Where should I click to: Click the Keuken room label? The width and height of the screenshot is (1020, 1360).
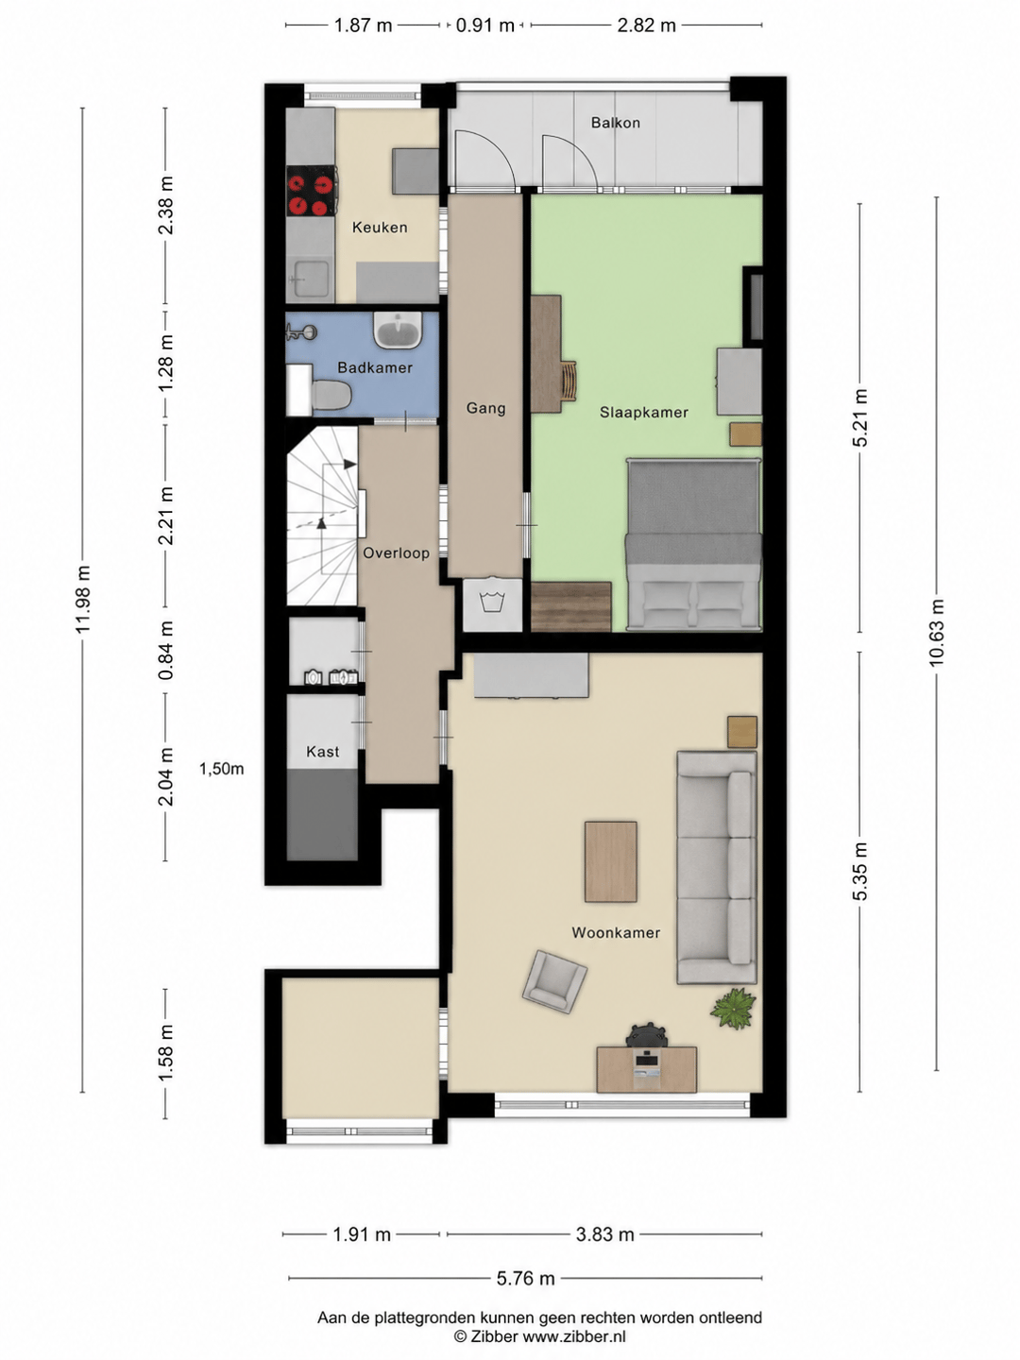(379, 228)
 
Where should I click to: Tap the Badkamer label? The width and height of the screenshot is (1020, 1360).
(375, 367)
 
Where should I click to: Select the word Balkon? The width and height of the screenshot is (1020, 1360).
(615, 123)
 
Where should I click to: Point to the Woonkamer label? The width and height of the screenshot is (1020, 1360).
(616, 932)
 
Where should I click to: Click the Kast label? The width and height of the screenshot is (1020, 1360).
(323, 752)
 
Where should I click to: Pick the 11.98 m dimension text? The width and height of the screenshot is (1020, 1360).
(83, 599)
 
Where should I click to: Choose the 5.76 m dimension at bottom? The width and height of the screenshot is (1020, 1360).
(525, 1278)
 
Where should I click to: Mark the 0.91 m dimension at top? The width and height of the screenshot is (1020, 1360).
(484, 25)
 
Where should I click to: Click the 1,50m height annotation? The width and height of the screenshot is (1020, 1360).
(221, 769)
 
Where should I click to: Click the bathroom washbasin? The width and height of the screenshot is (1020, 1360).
(397, 330)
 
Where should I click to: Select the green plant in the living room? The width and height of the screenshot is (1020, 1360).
(733, 1008)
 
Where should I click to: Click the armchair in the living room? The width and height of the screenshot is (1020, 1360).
(554, 982)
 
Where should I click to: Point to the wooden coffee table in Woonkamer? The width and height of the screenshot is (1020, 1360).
(611, 862)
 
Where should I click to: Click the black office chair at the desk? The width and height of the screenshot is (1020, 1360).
(647, 1035)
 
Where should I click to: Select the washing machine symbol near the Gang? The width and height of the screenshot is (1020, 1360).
(493, 603)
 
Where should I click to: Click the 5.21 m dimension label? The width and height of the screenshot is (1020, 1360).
(859, 417)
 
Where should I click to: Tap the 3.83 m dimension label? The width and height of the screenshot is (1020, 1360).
(605, 1234)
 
